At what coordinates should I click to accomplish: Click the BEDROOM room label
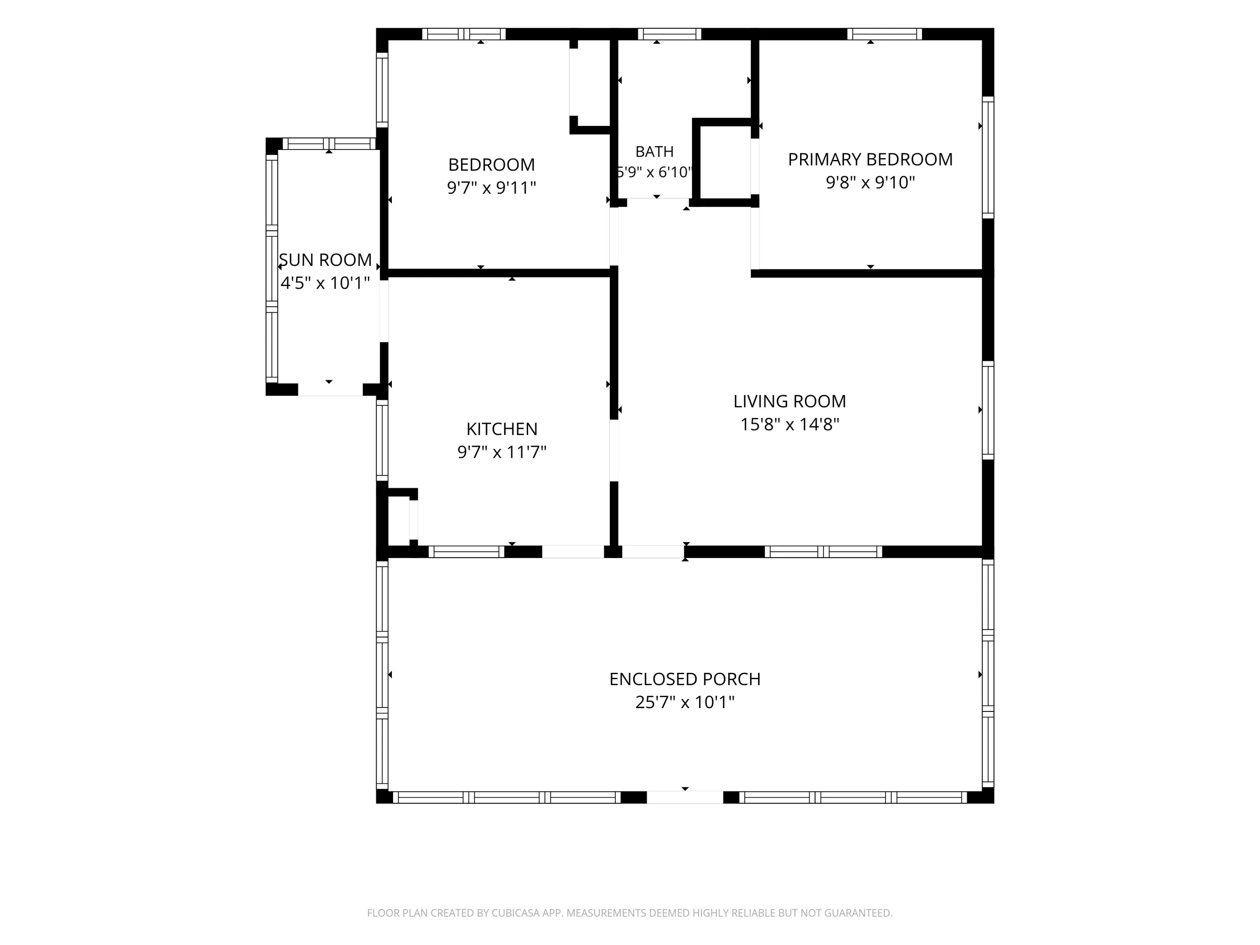point(491,165)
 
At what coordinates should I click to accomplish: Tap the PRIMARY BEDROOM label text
point(870,160)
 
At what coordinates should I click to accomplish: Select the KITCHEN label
point(502,429)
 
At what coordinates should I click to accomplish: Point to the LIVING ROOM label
point(790,402)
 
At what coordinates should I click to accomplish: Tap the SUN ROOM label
point(325,260)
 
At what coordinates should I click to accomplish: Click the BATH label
point(654,152)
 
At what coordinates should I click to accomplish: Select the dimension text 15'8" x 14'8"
point(790,424)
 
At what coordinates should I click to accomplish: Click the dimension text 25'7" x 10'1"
point(685,702)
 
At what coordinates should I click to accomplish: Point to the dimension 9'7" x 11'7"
point(502,451)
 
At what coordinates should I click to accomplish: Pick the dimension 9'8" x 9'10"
point(870,182)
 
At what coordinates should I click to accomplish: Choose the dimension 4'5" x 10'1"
point(325,283)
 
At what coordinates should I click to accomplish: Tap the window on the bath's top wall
point(669,34)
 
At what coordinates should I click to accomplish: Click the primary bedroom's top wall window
point(884,34)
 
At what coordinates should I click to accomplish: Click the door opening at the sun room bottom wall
point(331,390)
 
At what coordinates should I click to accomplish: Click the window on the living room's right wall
point(988,410)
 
